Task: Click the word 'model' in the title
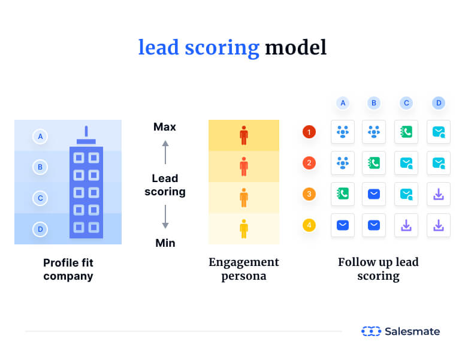tap(296, 47)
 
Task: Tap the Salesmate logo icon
tap(371, 331)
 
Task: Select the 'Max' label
tap(165, 127)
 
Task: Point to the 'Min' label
tap(165, 243)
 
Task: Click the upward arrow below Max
tap(165, 152)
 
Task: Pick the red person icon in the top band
tap(243, 135)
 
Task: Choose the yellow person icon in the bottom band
tap(243, 228)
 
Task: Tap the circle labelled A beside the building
tap(40, 137)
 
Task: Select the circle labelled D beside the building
tap(40, 229)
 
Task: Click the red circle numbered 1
tap(309, 132)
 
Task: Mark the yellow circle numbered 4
tap(309, 225)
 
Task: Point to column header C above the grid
tap(406, 103)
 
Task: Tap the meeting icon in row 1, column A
tap(343, 132)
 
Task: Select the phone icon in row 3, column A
tap(343, 194)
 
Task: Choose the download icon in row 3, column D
tap(439, 194)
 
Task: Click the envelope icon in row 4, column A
tap(343, 225)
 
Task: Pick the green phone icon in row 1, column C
tap(406, 132)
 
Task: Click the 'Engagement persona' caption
tap(243, 269)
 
